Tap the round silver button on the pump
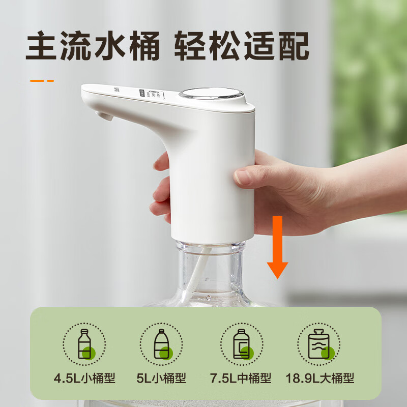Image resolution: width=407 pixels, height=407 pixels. tap(210, 95)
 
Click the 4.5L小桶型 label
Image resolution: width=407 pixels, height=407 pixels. tap(84, 379)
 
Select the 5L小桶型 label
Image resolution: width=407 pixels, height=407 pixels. tap(162, 379)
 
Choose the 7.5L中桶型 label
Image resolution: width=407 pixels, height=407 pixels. tap(240, 379)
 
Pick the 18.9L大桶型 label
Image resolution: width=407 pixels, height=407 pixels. tap(319, 379)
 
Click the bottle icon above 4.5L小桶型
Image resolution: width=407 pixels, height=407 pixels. tap(84, 343)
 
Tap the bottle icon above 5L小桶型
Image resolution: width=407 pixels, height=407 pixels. tap(162, 343)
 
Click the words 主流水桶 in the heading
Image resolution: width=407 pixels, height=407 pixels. tap(95, 46)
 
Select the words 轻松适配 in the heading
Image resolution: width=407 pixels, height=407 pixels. tap(242, 46)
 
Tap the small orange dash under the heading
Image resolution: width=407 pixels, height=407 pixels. tap(42, 80)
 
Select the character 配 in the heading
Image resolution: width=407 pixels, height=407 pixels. tap(293, 46)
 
